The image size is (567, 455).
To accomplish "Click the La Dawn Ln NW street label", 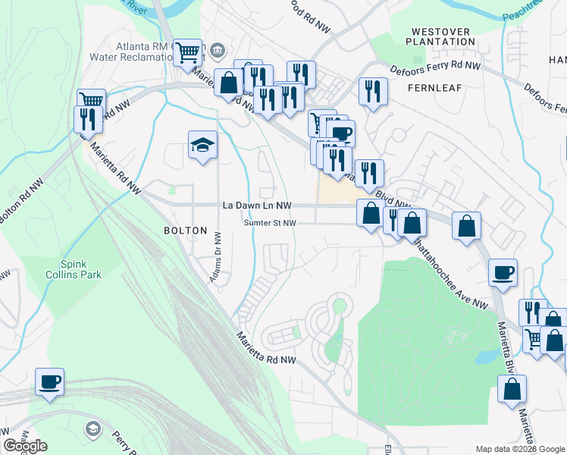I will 257,206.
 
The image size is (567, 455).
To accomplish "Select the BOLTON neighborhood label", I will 186,231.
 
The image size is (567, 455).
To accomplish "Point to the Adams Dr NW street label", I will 216,258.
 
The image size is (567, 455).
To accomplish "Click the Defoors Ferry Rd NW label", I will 436,67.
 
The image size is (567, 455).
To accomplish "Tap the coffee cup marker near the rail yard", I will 50,381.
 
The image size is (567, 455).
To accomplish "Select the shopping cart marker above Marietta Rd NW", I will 91,100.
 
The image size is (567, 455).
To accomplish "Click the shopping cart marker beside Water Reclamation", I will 187,52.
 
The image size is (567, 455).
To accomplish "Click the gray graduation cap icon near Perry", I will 93,429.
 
